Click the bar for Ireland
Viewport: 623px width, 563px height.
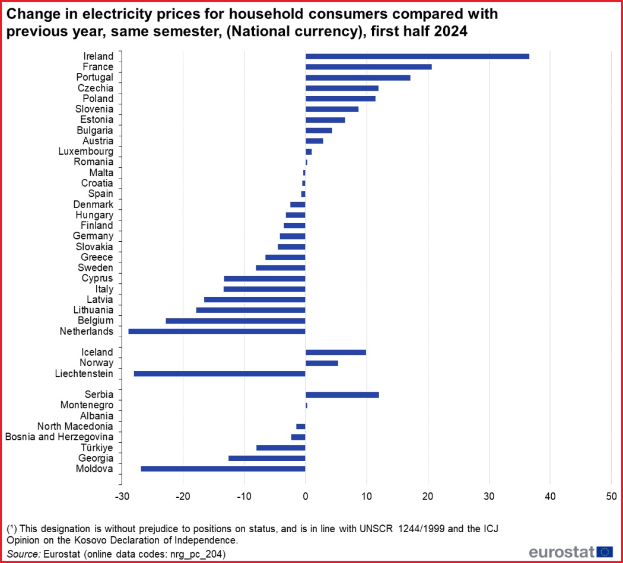pyautogui.click(x=417, y=56)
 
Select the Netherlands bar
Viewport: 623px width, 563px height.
pyautogui.click(x=217, y=331)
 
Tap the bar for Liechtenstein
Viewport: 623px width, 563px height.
pyautogui.click(x=220, y=373)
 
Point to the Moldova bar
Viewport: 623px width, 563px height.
pyautogui.click(x=223, y=469)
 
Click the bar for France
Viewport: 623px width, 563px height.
pyautogui.click(x=368, y=67)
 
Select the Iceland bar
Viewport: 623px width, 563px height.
pyautogui.click(x=336, y=352)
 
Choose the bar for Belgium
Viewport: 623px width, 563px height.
pyautogui.click(x=236, y=321)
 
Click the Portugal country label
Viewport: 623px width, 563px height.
pyautogui.click(x=94, y=78)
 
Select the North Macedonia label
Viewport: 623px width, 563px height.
pyautogui.click(x=75, y=427)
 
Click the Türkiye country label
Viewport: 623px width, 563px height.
pyautogui.click(x=96, y=448)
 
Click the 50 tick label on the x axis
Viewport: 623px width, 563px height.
pyautogui.click(x=611, y=496)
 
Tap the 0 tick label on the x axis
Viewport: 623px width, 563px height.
pyautogui.click(x=305, y=496)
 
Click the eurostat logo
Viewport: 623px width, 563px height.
pyautogui.click(x=571, y=552)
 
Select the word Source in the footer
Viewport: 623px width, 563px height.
pyautogui.click(x=23, y=554)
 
